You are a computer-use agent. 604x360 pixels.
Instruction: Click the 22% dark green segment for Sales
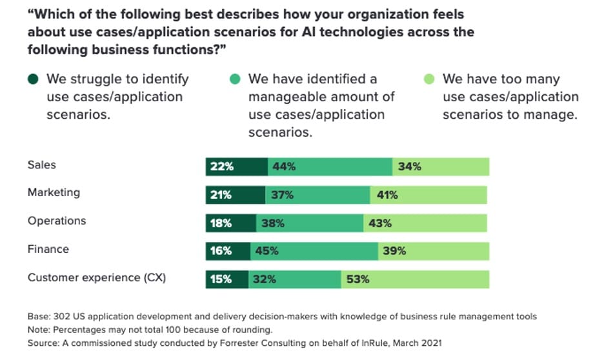tap(236, 166)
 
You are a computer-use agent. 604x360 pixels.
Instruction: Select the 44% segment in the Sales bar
tap(330, 166)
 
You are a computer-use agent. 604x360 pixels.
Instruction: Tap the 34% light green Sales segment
tap(441, 166)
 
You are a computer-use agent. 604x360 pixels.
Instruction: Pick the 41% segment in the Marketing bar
tap(428, 195)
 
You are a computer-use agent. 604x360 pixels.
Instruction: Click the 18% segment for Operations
tap(231, 223)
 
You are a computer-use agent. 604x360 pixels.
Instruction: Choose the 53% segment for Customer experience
tap(415, 279)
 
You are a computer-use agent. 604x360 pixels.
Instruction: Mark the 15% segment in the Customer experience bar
tap(227, 279)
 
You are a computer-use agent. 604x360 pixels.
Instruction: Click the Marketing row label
tap(54, 192)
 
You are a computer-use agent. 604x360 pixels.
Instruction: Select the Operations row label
tap(57, 221)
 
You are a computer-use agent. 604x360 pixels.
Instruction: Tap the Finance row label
tap(48, 249)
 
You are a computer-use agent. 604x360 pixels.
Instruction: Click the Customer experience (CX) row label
tap(97, 278)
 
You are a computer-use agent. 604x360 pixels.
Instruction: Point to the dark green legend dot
tap(33, 79)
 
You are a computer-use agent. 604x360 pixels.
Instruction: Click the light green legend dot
tap(429, 79)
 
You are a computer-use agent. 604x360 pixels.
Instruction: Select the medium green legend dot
tap(235, 79)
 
